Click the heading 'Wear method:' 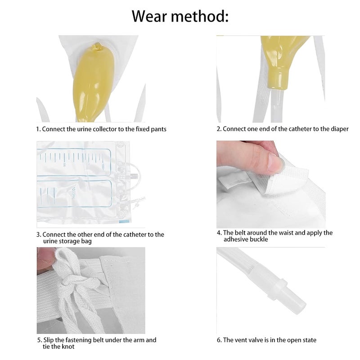(x=180, y=16)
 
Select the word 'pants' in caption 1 (x=158, y=129)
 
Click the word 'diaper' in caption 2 (x=338, y=129)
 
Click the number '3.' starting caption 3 (x=39, y=234)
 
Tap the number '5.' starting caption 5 (x=39, y=340)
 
